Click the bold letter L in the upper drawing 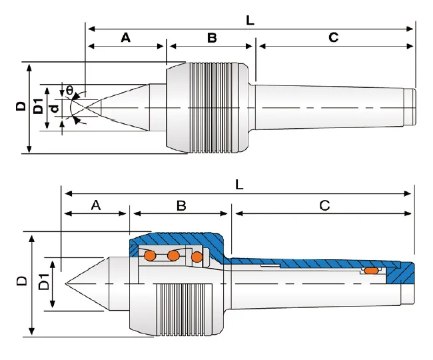pos(250,21)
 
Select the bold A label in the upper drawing pos(125,38)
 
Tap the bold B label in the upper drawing pos(212,38)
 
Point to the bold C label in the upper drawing pos(334,38)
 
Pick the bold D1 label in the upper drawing pos(38,107)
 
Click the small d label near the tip pos(55,107)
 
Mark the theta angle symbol pos(69,89)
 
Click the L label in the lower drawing pos(239,185)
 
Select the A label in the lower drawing pos(95,205)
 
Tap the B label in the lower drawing pos(181,205)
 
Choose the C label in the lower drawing pos(324,205)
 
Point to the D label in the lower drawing pos(21,283)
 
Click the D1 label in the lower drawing pos(43,283)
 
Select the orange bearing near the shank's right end pos(370,271)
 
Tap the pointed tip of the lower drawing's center pos(67,285)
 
